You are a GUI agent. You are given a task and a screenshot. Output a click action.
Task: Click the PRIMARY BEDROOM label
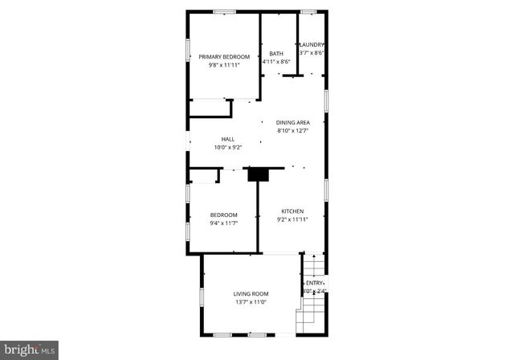(224, 56)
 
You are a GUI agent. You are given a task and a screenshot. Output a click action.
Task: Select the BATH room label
(275, 54)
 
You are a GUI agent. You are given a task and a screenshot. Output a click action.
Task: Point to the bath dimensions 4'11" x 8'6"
(275, 62)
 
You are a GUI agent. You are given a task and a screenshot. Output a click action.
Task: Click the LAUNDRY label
(312, 44)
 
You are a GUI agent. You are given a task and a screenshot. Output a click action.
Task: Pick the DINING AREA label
(292, 122)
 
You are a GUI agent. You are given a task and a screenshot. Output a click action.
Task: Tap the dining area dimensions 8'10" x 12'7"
(292, 131)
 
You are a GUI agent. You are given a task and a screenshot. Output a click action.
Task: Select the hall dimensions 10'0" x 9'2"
(228, 148)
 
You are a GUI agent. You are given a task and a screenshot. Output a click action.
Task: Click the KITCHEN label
(292, 211)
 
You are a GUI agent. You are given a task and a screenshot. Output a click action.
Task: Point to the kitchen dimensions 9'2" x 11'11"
(292, 219)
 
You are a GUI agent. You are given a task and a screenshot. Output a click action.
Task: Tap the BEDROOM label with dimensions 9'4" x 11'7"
(224, 215)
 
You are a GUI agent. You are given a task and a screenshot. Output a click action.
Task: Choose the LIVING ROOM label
(251, 294)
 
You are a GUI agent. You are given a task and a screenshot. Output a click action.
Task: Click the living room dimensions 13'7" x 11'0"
(251, 303)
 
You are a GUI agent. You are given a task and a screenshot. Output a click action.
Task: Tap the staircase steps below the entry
(308, 319)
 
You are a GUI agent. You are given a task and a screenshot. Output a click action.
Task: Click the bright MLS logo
(30, 350)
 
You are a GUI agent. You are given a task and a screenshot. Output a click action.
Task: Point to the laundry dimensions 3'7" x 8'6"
(312, 53)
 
